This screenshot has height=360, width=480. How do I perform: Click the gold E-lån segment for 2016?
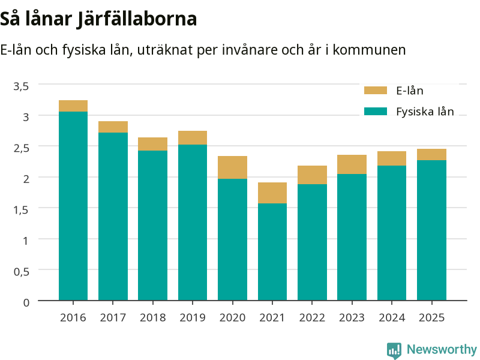73,106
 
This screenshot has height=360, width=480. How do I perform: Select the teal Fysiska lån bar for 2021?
272,252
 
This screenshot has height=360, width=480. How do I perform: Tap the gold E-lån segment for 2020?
232,167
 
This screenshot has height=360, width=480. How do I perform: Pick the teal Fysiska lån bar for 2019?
193,223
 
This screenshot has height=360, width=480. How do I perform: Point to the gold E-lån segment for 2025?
431,155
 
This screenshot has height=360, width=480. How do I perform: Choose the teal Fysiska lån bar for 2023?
352,237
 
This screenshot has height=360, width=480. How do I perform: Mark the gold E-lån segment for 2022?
312,175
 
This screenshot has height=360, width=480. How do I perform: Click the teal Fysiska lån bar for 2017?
113,217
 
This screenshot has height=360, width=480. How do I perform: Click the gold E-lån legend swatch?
376,91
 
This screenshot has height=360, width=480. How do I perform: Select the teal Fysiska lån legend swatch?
376,111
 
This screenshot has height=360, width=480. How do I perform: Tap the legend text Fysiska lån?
425,112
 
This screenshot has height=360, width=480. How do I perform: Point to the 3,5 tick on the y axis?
21,86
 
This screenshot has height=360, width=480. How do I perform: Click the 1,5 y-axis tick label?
21,209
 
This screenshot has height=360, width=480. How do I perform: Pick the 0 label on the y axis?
26,302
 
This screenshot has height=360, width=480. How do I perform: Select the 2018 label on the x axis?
153,318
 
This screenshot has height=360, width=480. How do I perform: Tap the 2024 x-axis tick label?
392,318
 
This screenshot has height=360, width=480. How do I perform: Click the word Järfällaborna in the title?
137,19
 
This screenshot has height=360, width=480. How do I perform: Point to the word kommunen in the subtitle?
369,50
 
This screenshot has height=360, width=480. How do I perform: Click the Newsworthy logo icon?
394,350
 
